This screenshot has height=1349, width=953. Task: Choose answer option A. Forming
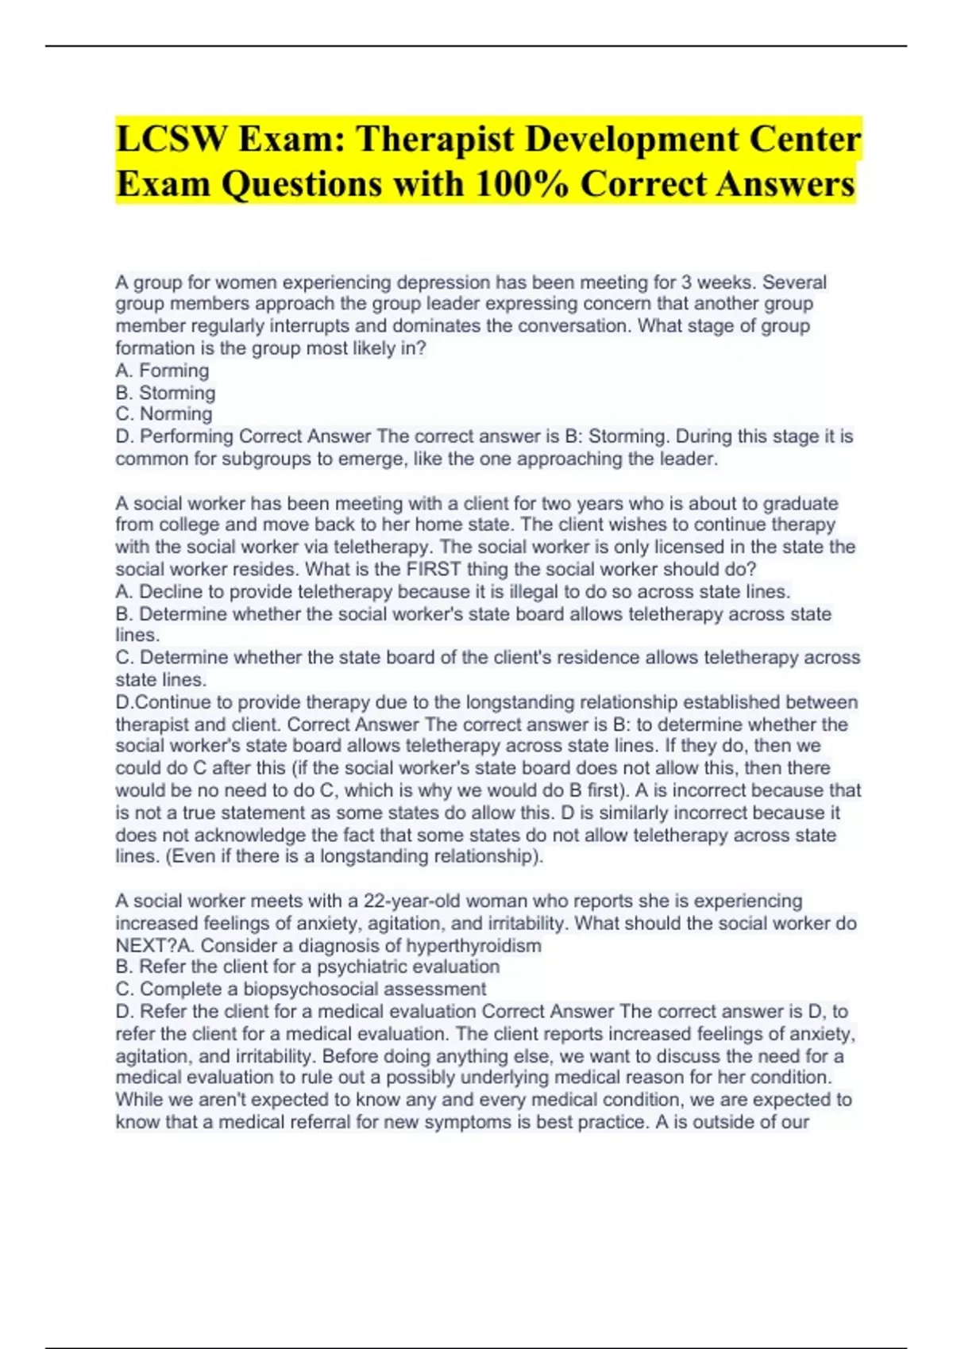162,371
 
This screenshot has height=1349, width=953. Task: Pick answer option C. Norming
164,414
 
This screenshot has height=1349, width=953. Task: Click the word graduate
800,503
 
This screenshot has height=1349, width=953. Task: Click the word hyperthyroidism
473,946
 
